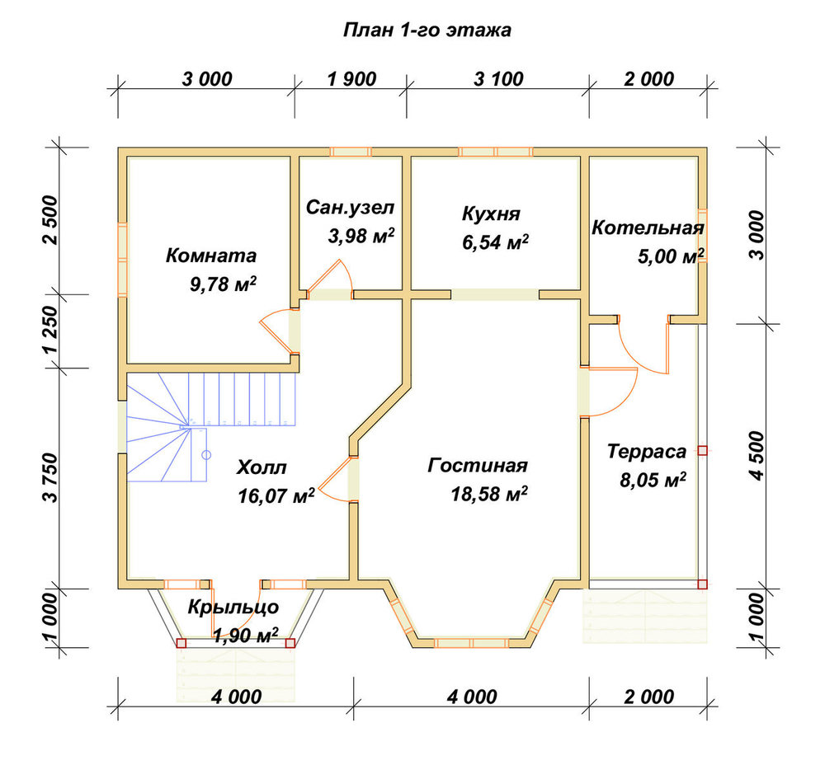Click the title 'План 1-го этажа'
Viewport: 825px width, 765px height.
(427, 30)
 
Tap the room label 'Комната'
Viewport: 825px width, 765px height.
(211, 256)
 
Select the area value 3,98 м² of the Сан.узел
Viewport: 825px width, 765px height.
(361, 236)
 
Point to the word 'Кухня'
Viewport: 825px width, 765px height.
(491, 214)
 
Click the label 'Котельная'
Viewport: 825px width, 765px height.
(648, 228)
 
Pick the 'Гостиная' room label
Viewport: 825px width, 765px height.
(477, 465)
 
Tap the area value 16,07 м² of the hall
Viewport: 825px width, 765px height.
(276, 495)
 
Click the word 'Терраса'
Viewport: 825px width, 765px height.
(647, 452)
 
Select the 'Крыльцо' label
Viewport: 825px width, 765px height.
(233, 608)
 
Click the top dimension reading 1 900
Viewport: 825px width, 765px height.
(351, 79)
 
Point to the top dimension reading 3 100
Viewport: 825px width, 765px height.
(498, 79)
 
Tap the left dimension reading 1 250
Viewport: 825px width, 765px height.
(50, 331)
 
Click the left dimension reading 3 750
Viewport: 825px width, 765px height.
(50, 478)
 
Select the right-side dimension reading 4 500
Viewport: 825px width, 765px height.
(756, 455)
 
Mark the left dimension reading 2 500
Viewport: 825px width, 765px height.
(50, 220)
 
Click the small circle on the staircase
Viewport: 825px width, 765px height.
(206, 455)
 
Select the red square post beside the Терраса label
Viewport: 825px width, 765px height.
(702, 451)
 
